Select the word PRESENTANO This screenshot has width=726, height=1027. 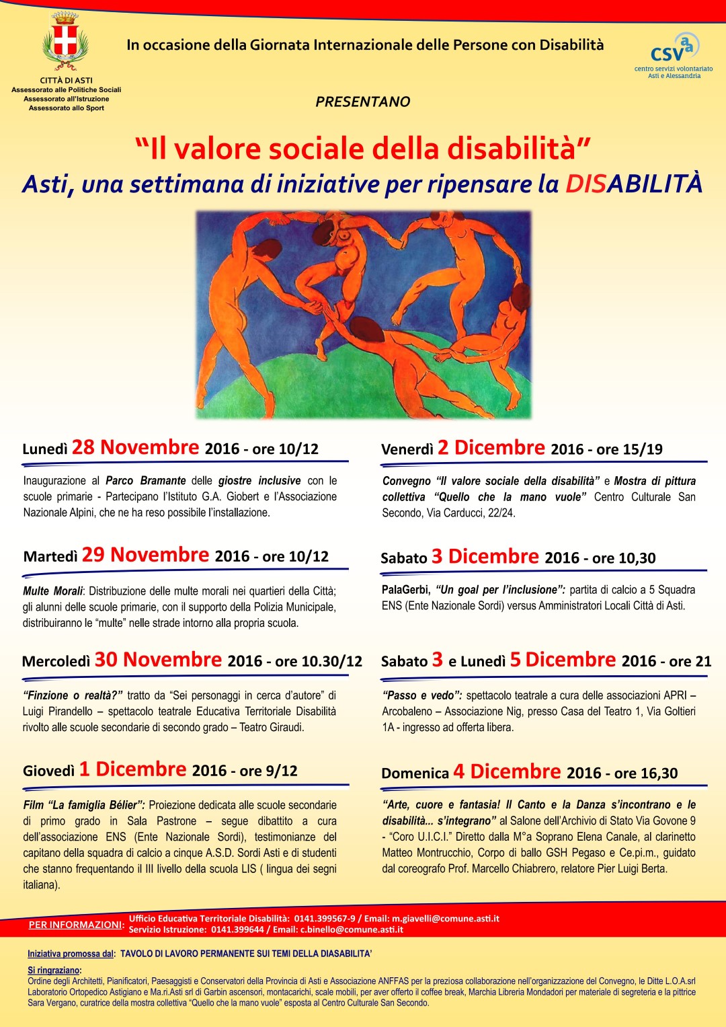[x=362, y=102]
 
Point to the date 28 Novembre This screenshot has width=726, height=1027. [x=135, y=447]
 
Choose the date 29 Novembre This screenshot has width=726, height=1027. [x=145, y=555]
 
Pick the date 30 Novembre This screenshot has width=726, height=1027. [x=158, y=660]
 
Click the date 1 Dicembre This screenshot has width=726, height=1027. [x=132, y=769]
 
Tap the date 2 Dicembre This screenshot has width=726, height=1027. [x=491, y=448]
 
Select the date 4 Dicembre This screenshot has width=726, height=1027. [x=506, y=771]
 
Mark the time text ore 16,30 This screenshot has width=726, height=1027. [x=645, y=773]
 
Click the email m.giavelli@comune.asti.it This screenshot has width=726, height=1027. [x=446, y=919]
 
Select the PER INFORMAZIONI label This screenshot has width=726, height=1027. [x=76, y=925]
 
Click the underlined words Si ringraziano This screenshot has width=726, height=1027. [x=54, y=971]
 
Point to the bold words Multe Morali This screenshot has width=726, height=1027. [x=52, y=591]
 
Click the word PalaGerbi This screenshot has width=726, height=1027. [x=405, y=590]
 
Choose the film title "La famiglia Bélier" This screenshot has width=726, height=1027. [x=95, y=805]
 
